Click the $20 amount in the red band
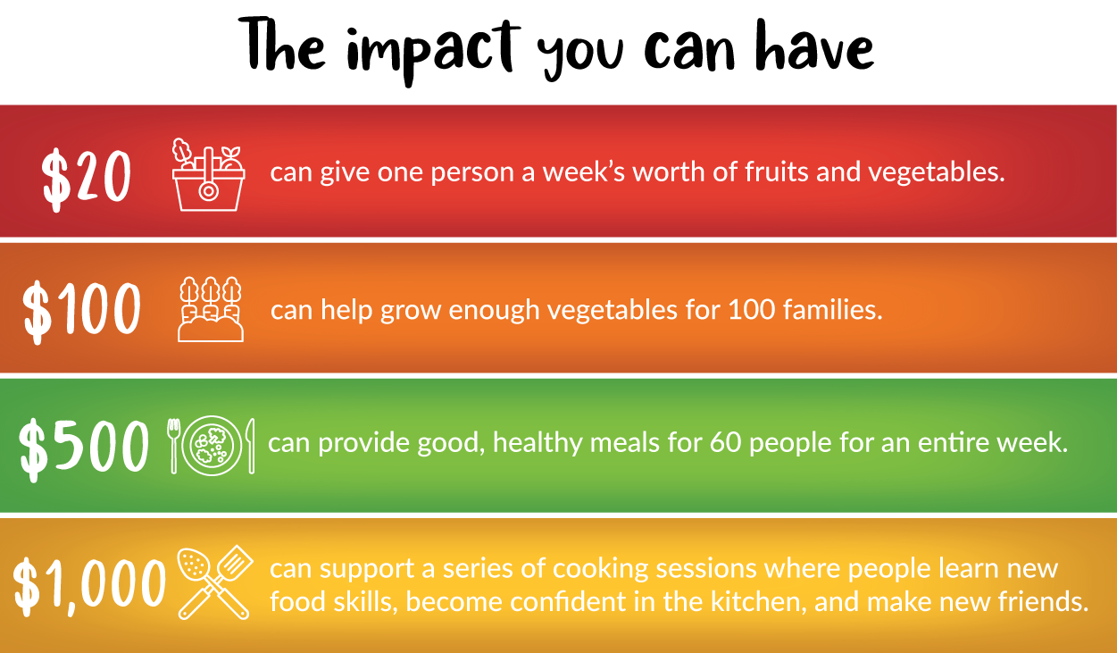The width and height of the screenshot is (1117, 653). point(86,180)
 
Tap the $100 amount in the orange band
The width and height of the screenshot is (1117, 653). point(81,312)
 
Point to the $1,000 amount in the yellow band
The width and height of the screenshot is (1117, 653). point(88,586)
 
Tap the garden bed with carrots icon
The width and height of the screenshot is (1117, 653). point(211,309)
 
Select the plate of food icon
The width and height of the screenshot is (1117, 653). point(212,446)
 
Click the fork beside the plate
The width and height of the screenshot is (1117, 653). point(173,446)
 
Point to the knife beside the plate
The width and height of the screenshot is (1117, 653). point(251,446)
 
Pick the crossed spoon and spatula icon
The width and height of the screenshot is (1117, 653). point(215,582)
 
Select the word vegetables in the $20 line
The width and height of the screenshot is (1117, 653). point(936,173)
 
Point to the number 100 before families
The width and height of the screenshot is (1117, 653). point(752,310)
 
